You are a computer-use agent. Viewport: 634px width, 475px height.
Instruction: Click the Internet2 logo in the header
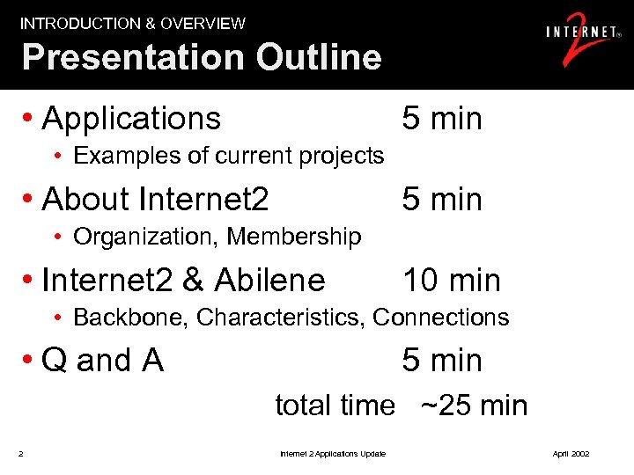pos(581,40)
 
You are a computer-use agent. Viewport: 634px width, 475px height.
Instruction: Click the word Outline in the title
pos(319,58)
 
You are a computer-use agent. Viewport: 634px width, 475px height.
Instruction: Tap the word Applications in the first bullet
pos(131,119)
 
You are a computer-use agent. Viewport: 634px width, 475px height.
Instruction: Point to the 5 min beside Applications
pos(442,119)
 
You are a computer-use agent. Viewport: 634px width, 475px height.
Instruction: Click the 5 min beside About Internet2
pos(442,200)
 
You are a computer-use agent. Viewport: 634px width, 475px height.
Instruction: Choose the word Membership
pos(294,237)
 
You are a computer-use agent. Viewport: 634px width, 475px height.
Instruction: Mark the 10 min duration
pos(452,281)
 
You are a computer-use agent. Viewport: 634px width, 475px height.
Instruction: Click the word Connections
pos(441,318)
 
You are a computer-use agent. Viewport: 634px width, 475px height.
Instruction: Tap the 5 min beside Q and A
pos(442,361)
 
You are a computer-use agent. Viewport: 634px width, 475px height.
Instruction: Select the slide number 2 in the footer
pos(20,454)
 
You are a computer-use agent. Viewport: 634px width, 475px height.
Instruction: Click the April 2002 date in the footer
pos(571,454)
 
